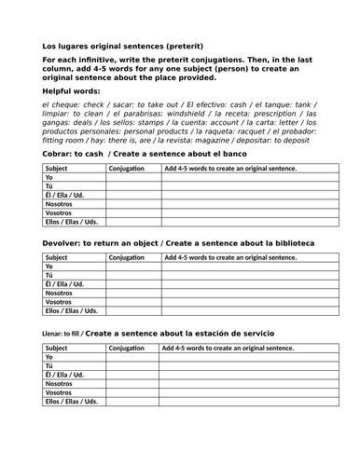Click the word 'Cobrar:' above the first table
[x=57, y=153]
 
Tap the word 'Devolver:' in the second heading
[x=62, y=242]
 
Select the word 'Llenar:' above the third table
[x=55, y=332]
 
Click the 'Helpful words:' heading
[x=76, y=92]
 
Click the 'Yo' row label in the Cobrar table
[x=49, y=178]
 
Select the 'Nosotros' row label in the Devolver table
[x=60, y=294]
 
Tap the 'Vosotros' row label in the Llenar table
[x=60, y=392]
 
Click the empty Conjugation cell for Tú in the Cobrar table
[x=133, y=186]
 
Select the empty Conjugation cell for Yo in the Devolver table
[x=133, y=267]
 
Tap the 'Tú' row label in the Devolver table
[x=49, y=276]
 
